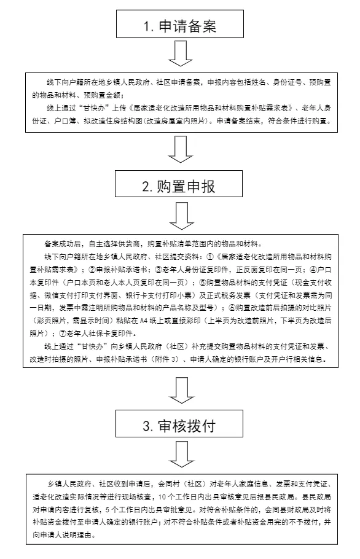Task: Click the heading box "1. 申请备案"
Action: pyautogui.click(x=180, y=24)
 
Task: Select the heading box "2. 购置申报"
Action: pyautogui.click(x=179, y=184)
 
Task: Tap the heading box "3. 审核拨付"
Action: pyautogui.click(x=179, y=423)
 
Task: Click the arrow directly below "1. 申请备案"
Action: pyautogui.click(x=181, y=53)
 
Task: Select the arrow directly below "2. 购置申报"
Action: pyautogui.click(x=182, y=216)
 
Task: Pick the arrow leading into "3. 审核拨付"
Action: pyautogui.click(x=182, y=390)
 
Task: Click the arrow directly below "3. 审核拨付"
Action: pyautogui.click(x=182, y=454)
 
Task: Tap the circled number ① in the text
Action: pyautogui.click(x=210, y=257)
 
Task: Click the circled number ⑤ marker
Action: pyautogui.click(x=203, y=283)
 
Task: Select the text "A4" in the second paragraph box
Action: pyautogui.click(x=144, y=321)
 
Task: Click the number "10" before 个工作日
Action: pyautogui.click(x=162, y=497)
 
